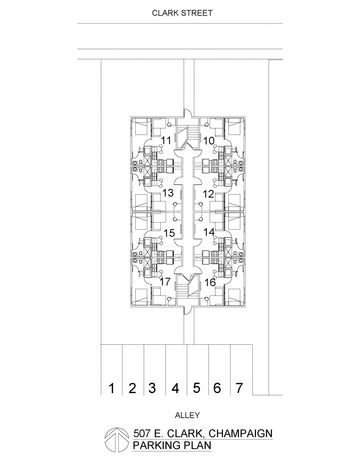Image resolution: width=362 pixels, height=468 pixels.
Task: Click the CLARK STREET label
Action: (x=182, y=13)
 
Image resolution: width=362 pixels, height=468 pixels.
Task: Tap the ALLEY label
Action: (x=187, y=415)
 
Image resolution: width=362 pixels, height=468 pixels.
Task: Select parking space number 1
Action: (x=111, y=388)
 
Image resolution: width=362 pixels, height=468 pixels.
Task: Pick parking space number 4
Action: (x=176, y=388)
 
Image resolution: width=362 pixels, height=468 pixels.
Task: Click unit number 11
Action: (x=167, y=141)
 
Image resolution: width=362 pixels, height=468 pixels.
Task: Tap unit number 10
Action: (x=209, y=141)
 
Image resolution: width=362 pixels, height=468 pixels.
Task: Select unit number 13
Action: (x=168, y=193)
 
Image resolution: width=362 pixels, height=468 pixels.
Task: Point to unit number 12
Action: (x=209, y=194)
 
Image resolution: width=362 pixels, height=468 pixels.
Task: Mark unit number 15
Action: (x=169, y=233)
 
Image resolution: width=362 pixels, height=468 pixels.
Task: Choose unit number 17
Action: (x=165, y=281)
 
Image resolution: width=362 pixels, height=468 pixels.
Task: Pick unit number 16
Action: (x=210, y=282)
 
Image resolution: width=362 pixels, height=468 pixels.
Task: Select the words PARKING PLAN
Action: (x=172, y=444)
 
